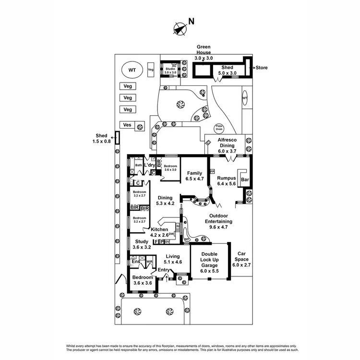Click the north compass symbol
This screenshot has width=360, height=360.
[180, 28]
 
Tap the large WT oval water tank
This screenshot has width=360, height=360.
[132, 70]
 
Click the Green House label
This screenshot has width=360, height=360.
[204, 52]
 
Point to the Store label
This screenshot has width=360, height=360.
[261, 68]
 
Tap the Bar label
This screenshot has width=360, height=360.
[245, 180]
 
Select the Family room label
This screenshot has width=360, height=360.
[195, 176]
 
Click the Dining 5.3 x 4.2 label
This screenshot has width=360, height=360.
[165, 201]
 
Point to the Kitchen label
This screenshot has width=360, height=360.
[159, 232]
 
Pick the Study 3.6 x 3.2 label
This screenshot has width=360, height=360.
[142, 244]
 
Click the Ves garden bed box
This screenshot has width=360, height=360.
[128, 125]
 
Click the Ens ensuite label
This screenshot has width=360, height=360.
[136, 262]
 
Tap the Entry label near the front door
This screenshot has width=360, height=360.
[164, 270]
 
